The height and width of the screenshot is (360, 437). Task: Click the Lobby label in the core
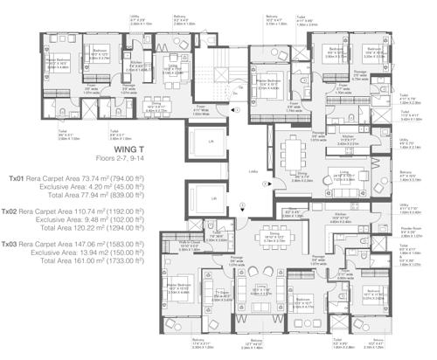pyautogui.click(x=252, y=172)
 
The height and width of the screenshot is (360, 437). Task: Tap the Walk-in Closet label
pyautogui.click(x=191, y=242)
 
